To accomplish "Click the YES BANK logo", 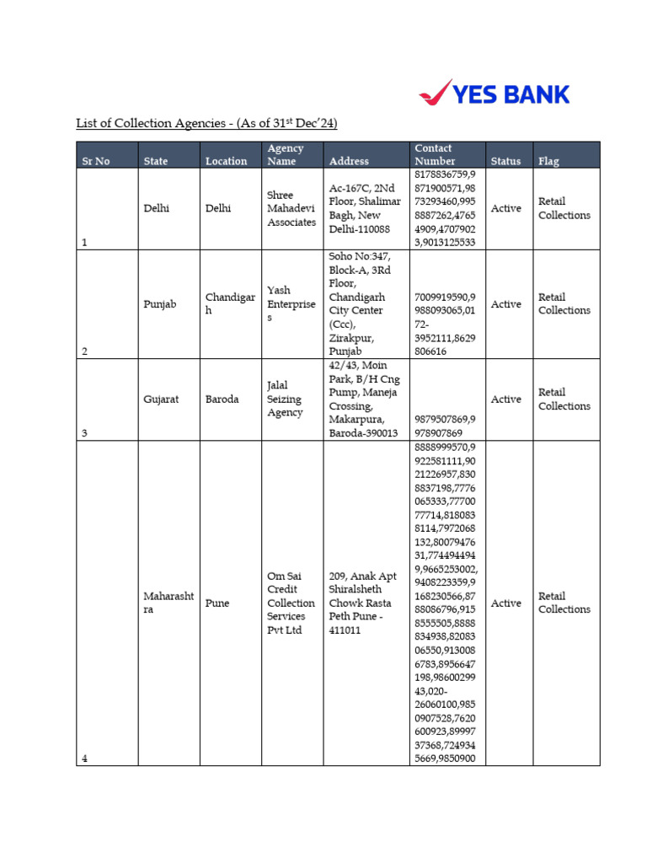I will tap(494, 94).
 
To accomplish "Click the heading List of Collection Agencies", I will tap(206, 124).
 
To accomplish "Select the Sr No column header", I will tap(95, 161).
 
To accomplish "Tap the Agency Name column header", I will tap(286, 154).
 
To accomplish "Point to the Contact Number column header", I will tap(435, 154).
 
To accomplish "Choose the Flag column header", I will tap(548, 161).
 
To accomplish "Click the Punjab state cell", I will tap(160, 304).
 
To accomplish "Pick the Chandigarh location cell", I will tap(229, 304).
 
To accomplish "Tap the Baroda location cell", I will tap(222, 399).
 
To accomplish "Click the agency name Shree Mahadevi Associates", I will tap(291, 208).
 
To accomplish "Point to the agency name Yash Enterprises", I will tap(291, 303).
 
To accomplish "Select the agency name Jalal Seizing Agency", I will tap(285, 399).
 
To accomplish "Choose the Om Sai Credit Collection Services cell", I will tap(291, 603).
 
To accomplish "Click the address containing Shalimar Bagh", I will tap(360, 208).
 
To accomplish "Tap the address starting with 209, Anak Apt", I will tap(362, 603).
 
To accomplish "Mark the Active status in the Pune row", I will tap(505, 603).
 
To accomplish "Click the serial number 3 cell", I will tap(84, 433).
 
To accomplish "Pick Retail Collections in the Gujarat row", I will tap(564, 399).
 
